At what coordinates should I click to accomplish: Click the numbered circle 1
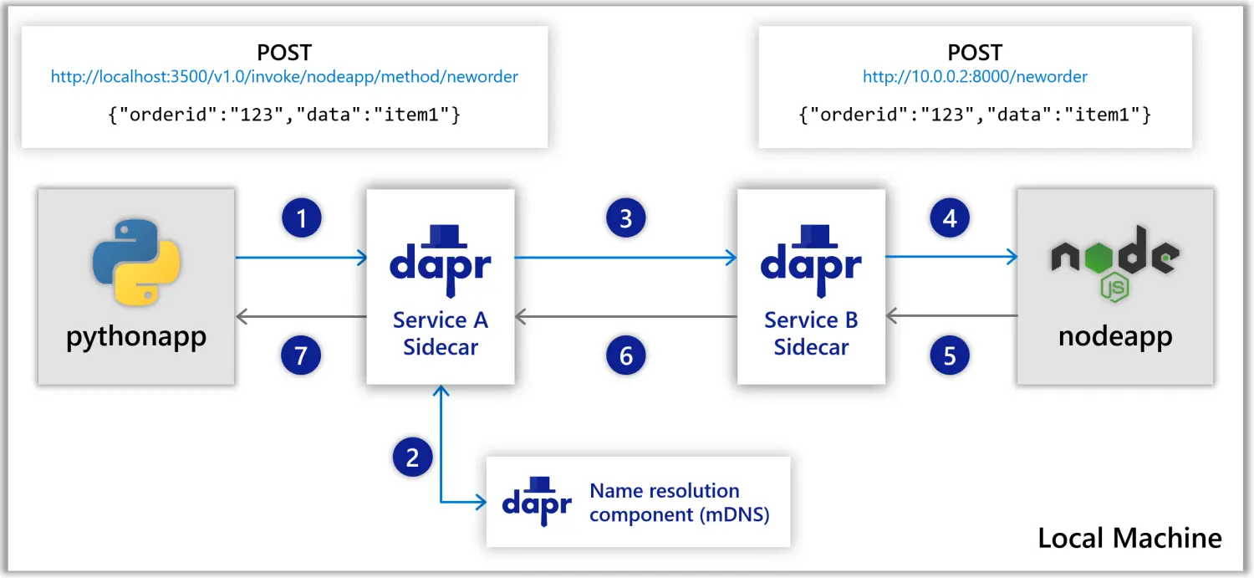pos(302,219)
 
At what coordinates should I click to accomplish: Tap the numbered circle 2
pos(412,457)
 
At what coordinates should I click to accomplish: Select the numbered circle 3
pos(626,219)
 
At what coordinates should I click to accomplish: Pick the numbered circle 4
pos(950,219)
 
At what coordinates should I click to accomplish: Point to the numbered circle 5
pos(950,356)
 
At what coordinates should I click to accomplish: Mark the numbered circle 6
pos(626,356)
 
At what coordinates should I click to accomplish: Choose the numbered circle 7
pos(302,356)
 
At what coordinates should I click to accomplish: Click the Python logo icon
pos(136,262)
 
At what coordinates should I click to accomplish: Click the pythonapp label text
pos(136,337)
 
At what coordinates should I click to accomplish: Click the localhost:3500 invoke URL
pos(284,77)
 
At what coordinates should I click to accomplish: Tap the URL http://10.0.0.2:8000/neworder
pos(975,77)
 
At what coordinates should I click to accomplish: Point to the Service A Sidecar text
pos(441,333)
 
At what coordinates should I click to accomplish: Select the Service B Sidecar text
pos(811,333)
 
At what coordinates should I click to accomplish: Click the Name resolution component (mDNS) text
pos(678,502)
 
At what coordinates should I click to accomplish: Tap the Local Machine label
pos(1129,537)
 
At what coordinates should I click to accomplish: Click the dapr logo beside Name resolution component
pos(537,502)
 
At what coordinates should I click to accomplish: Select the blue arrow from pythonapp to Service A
pos(301,258)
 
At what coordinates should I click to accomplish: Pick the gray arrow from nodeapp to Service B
pos(951,316)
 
